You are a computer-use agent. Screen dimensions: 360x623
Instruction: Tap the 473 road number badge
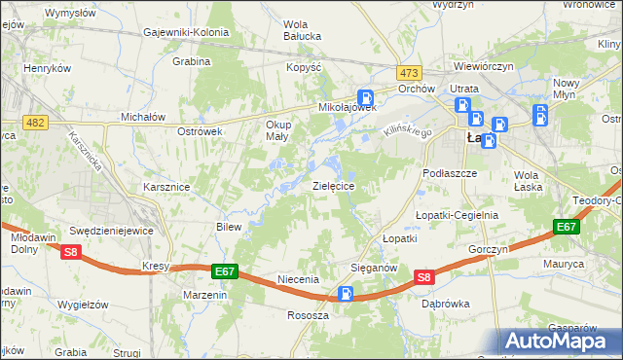409,73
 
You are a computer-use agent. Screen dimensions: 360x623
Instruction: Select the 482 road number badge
35,121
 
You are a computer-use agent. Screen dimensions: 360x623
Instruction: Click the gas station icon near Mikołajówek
366,97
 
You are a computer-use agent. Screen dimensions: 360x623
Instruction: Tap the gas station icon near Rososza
346,294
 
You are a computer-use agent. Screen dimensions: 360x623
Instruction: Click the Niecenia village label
298,279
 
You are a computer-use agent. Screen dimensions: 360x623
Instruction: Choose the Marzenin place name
204,294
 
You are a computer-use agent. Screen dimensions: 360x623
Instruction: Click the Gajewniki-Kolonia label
185,32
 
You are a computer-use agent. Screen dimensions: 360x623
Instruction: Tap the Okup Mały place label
278,131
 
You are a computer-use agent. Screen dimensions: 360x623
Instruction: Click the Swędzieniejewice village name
112,231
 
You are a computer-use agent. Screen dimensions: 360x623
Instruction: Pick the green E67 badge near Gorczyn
567,227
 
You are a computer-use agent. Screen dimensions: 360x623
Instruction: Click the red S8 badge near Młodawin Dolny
70,252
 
